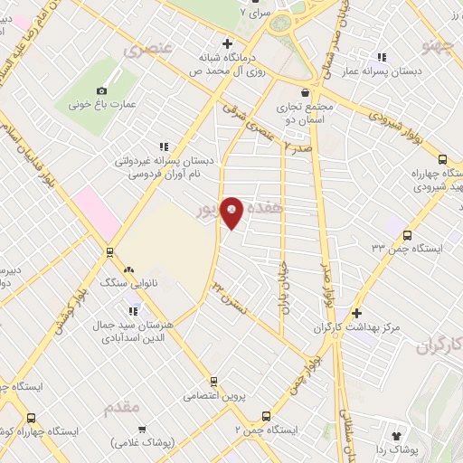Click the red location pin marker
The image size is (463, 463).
click(232, 213)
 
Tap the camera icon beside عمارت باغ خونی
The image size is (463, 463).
click(102, 90)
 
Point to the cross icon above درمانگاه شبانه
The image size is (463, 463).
click(228, 43)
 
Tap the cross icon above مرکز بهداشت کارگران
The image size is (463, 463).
click(357, 312)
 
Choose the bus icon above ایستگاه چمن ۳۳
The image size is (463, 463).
click(406, 233)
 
